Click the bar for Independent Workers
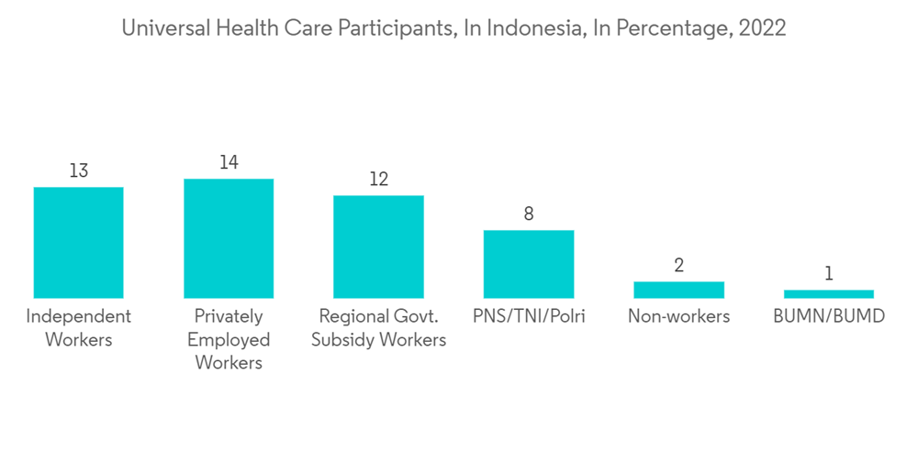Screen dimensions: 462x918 point(78,242)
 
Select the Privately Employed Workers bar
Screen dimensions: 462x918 point(229,238)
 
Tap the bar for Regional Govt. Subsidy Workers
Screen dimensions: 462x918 point(378,247)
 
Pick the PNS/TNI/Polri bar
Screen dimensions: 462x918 point(529,264)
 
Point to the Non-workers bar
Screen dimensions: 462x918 point(678,290)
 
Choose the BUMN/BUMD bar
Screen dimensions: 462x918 point(829,294)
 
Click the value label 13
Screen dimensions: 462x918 point(78,170)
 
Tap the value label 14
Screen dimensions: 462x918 point(229,162)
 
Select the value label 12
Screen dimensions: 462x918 point(378,179)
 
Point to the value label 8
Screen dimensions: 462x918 point(529,214)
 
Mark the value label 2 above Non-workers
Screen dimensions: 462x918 point(678,266)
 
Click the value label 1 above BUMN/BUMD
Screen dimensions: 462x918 point(829,274)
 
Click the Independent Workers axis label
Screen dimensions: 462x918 point(78,328)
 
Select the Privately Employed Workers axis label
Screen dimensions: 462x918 point(229,339)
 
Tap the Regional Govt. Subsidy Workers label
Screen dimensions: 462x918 point(378,328)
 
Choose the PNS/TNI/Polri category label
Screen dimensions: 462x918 point(529,317)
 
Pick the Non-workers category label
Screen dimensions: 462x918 point(678,317)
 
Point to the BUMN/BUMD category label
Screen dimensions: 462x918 point(829,317)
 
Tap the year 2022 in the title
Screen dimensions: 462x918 point(764,28)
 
